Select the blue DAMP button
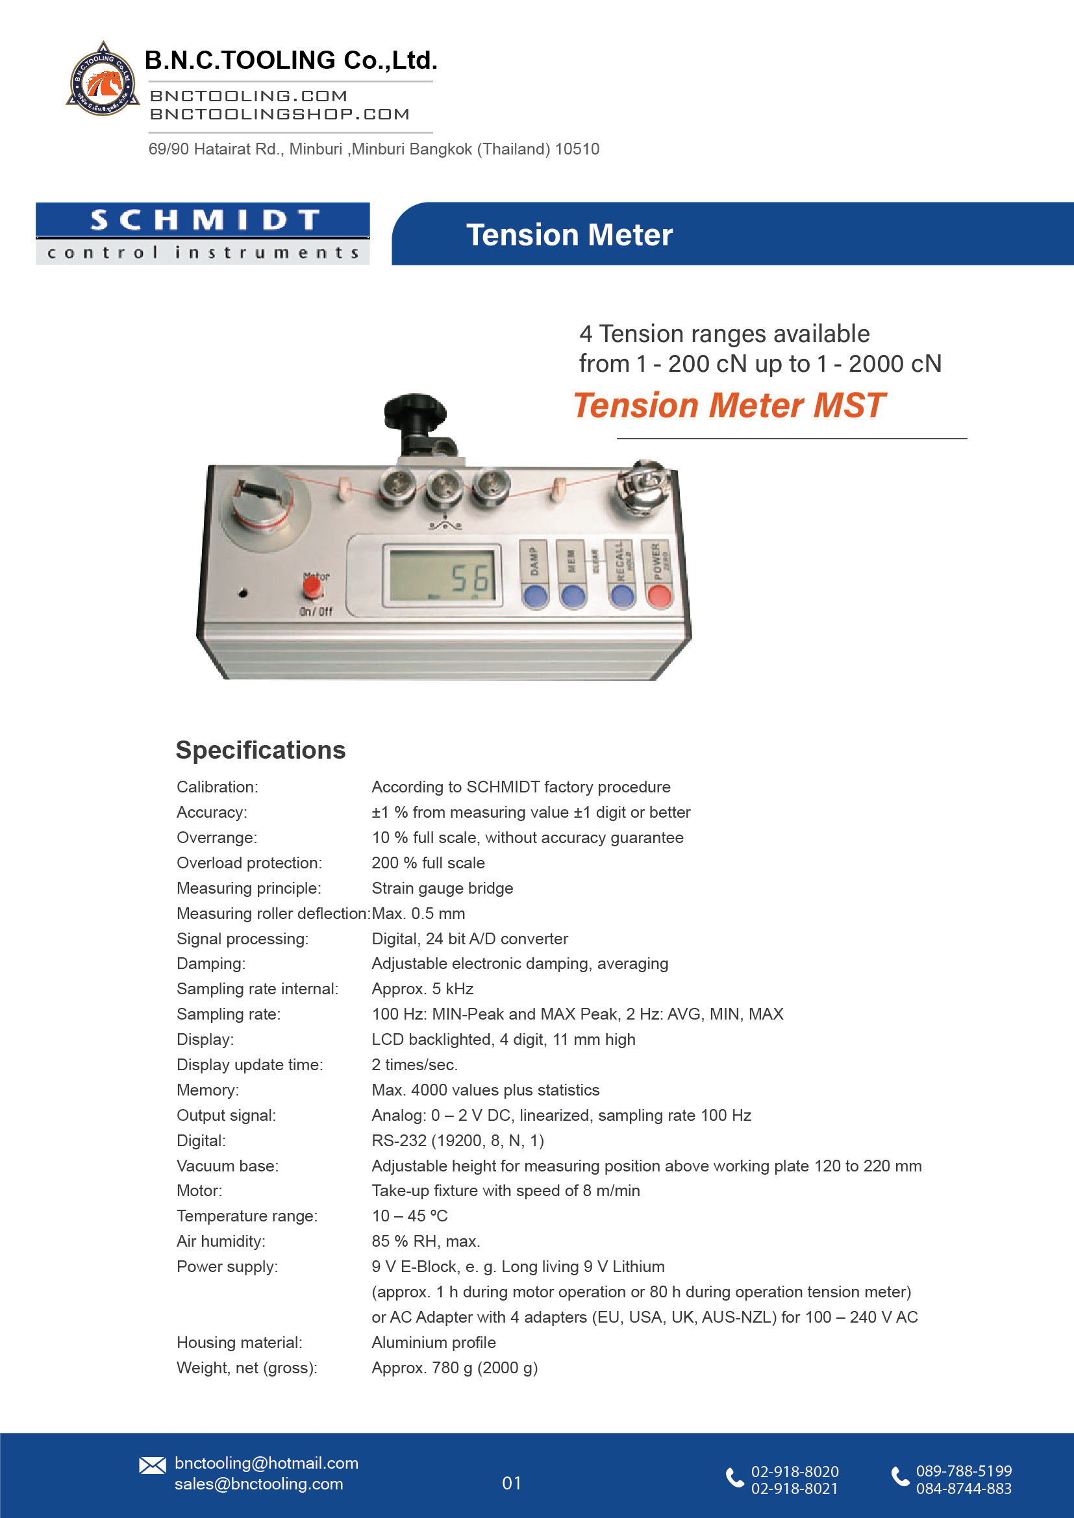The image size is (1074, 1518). [535, 595]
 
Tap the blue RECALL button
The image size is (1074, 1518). [621, 595]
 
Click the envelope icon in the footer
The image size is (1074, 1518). [152, 1465]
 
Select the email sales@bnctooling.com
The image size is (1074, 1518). [258, 1484]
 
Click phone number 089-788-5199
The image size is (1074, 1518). [964, 1471]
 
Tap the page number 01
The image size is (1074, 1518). [511, 1483]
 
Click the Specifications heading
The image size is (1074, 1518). [260, 750]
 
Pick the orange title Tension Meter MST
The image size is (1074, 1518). [729, 405]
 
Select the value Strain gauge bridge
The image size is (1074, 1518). [442, 888]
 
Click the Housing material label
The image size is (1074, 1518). [240, 1342]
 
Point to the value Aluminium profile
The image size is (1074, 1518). [433, 1342]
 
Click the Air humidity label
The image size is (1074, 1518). [221, 1241]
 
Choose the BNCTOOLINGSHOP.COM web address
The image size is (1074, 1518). [280, 114]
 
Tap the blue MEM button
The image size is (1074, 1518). [573, 595]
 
